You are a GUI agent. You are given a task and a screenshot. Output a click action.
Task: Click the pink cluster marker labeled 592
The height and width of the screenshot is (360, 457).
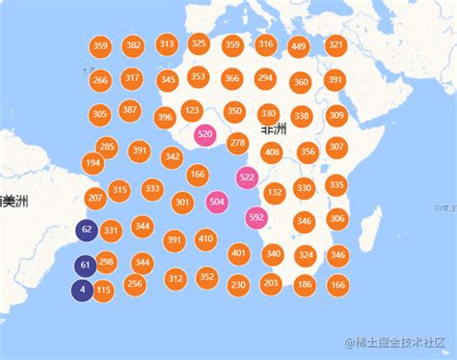(x=256, y=217)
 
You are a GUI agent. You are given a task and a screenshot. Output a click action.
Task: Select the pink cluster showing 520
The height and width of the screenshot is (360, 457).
(x=204, y=135)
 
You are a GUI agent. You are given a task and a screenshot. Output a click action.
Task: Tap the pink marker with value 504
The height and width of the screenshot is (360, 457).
(x=217, y=202)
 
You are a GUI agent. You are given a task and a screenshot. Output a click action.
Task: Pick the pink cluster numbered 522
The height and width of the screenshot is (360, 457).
(x=247, y=177)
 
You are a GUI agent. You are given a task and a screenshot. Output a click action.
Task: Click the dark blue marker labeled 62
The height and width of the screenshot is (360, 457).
(x=87, y=230)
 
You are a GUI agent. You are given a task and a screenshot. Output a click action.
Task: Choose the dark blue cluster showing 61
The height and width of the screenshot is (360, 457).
(x=85, y=265)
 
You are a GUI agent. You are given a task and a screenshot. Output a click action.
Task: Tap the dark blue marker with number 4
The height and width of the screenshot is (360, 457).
(x=83, y=289)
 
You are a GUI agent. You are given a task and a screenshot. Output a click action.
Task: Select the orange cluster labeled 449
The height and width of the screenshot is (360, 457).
(x=298, y=46)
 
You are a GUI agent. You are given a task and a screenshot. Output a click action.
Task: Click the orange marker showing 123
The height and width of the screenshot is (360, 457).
(x=192, y=110)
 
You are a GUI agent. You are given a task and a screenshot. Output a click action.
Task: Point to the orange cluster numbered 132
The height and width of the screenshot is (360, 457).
(x=275, y=192)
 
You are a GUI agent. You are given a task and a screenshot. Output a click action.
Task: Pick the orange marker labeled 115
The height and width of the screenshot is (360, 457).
(x=104, y=290)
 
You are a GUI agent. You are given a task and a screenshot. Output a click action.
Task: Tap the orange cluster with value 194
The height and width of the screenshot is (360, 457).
(x=94, y=163)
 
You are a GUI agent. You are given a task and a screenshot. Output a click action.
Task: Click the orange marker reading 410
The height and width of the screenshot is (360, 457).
(x=205, y=237)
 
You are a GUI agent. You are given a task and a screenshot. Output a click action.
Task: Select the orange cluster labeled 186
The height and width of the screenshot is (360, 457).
(x=305, y=284)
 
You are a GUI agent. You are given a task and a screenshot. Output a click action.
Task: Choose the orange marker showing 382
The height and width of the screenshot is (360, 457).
(x=134, y=44)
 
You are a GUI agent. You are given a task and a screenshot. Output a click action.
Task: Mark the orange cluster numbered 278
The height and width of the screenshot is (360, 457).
(x=237, y=143)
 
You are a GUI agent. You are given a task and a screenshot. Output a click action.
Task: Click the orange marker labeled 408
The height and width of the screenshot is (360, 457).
(x=272, y=152)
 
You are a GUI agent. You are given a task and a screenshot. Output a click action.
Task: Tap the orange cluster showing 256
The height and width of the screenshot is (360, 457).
(x=134, y=283)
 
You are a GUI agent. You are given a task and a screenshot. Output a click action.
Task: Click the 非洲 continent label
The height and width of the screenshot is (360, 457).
(x=273, y=127)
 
